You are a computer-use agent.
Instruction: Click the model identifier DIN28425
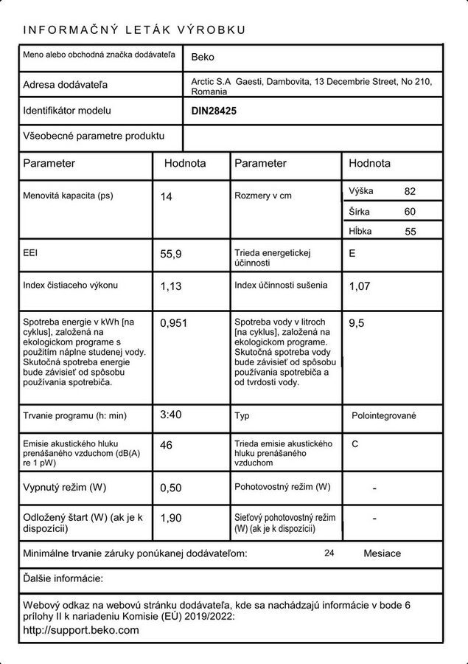click(x=214, y=111)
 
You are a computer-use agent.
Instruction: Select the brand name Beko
click(x=203, y=56)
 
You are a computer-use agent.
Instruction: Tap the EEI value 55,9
click(x=171, y=254)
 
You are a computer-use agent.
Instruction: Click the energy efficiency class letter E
click(x=352, y=253)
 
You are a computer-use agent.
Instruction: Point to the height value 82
click(x=411, y=191)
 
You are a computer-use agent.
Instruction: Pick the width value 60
click(x=411, y=212)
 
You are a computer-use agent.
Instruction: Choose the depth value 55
click(x=411, y=232)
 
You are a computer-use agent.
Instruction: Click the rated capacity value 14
click(x=166, y=197)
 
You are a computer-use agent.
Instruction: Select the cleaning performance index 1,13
click(x=171, y=286)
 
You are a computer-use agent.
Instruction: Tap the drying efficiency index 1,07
click(x=359, y=286)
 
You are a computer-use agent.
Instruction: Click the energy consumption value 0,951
click(x=174, y=322)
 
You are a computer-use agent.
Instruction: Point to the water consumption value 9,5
click(x=356, y=322)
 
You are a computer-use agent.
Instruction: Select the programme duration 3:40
click(x=171, y=415)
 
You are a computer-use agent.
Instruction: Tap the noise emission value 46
click(x=166, y=445)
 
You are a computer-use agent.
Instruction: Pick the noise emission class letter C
click(x=355, y=444)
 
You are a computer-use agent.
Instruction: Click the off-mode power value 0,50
click(x=171, y=488)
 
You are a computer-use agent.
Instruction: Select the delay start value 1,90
click(x=171, y=519)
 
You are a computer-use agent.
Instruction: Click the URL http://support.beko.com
click(x=81, y=630)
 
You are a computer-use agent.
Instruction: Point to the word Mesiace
click(x=383, y=553)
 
